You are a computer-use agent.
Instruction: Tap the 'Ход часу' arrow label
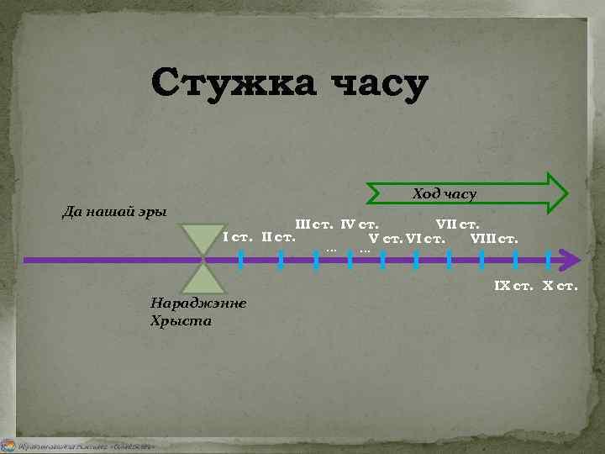[x=445, y=194]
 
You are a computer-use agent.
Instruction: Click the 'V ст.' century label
[x=385, y=237]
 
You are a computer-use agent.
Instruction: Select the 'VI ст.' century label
[x=425, y=237]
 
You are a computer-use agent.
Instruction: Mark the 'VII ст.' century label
[x=457, y=224]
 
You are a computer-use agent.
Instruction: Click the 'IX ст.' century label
[x=515, y=287]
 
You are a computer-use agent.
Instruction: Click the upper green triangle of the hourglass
[x=202, y=237]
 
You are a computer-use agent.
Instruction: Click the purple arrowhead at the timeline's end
[x=571, y=260]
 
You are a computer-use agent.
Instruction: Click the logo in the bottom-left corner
[x=8, y=445]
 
